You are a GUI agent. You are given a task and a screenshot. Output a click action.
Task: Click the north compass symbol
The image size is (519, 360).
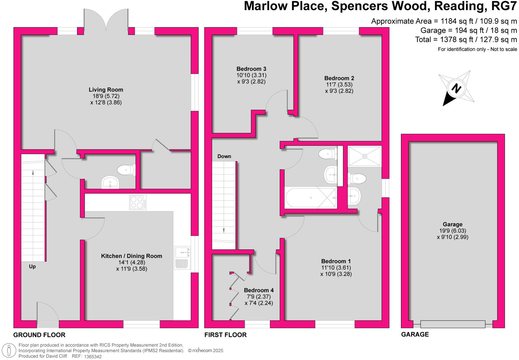[x=456, y=88]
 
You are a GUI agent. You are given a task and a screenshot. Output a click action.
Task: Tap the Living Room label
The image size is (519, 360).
[x=106, y=90]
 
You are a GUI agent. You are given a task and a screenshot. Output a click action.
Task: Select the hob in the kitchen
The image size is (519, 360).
[x=138, y=202]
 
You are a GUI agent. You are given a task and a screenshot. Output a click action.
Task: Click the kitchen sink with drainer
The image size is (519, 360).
[x=182, y=258]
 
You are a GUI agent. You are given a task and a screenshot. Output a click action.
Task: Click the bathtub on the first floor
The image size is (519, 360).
[x=311, y=198]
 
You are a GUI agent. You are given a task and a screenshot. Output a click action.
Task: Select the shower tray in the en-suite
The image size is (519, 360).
[x=365, y=156]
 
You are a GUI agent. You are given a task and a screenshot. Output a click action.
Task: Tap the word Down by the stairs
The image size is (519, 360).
[x=224, y=156]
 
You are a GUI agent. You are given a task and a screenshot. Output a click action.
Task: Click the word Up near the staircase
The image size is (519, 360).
[x=32, y=267]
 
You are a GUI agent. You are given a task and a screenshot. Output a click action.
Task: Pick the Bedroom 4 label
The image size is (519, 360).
[x=259, y=290]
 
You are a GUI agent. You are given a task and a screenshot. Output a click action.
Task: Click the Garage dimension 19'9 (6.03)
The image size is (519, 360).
[x=453, y=231]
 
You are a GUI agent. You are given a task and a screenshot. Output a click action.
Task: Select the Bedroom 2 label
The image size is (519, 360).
[x=339, y=78]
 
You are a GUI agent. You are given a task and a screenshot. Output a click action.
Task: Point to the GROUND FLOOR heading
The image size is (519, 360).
[x=39, y=335]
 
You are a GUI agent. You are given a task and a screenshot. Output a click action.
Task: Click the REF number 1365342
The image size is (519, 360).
[x=93, y=356]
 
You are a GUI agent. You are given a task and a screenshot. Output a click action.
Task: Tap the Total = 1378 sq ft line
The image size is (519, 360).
[x=466, y=40]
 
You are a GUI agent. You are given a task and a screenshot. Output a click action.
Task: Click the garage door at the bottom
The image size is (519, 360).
[x=453, y=324]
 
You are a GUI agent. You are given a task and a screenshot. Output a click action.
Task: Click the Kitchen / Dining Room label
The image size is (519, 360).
[x=131, y=256]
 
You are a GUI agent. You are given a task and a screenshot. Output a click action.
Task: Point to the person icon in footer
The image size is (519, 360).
[x=9, y=351]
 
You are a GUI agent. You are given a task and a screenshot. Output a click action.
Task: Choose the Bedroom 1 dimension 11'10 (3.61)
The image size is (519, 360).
[x=336, y=268]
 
